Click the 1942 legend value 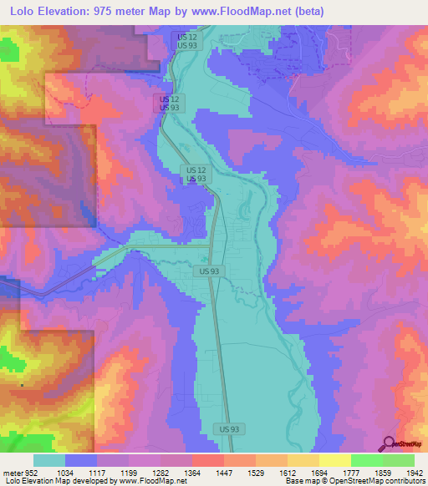tap(415, 472)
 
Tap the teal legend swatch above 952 tap(49, 460)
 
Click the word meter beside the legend tap(12, 472)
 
